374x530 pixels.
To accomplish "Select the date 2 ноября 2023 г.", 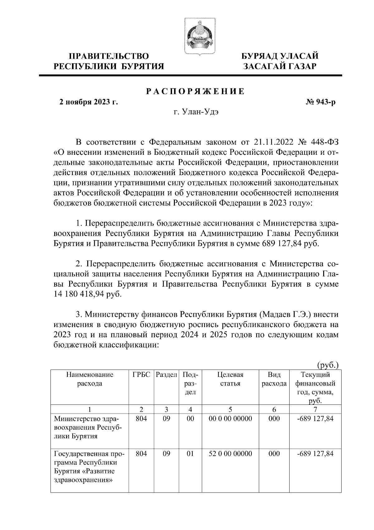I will tap(89, 102).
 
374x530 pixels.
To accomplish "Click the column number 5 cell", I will tap(230, 409).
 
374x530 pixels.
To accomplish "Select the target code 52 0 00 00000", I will tap(230, 454).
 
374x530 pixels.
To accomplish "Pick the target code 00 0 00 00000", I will tap(230, 419).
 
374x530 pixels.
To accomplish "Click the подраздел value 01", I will tap(190, 454).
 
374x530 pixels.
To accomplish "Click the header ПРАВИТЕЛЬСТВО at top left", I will tap(109, 56).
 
